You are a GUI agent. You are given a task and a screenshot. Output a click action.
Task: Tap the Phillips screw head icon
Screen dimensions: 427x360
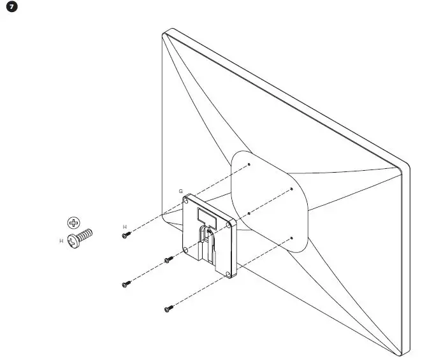75,223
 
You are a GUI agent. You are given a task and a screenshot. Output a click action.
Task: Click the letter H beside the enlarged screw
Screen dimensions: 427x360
61,241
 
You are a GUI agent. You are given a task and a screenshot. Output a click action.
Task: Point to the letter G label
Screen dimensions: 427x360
180,191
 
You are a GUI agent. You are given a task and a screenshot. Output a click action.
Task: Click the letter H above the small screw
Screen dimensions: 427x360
125,227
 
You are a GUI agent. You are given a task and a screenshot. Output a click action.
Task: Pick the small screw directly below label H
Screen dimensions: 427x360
126,235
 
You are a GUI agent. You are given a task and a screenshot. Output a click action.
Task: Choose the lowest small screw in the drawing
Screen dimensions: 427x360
168,309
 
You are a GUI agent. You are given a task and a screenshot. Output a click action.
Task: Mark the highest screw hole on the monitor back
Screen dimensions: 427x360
249,164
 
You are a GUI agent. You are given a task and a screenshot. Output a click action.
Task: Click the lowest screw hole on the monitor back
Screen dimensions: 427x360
291,238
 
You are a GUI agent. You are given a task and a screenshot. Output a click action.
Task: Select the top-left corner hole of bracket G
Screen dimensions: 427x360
186,201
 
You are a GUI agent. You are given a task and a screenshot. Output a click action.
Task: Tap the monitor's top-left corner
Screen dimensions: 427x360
164,32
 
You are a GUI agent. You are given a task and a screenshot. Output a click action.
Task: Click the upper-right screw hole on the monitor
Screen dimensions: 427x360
291,189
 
